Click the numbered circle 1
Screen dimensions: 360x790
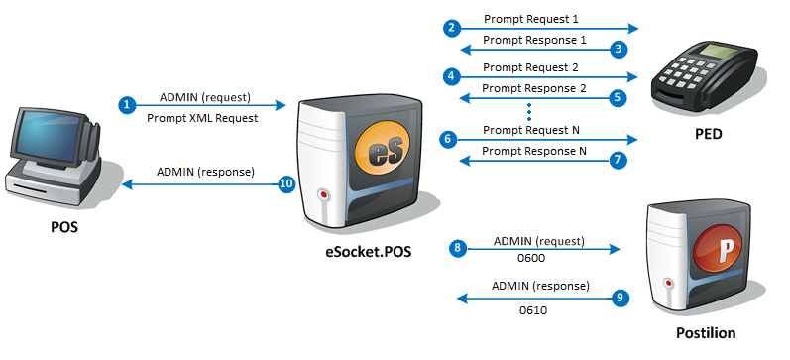(x=126, y=104)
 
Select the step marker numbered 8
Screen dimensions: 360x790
(x=458, y=249)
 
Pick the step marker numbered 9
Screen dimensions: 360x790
(x=620, y=297)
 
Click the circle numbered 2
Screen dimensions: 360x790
(x=452, y=29)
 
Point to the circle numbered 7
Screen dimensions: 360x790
(x=620, y=159)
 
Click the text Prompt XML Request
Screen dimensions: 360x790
(x=203, y=118)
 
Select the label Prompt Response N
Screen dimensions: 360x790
(x=534, y=151)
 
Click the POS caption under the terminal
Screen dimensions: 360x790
(x=66, y=226)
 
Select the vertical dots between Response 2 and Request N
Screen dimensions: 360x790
(x=531, y=111)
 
